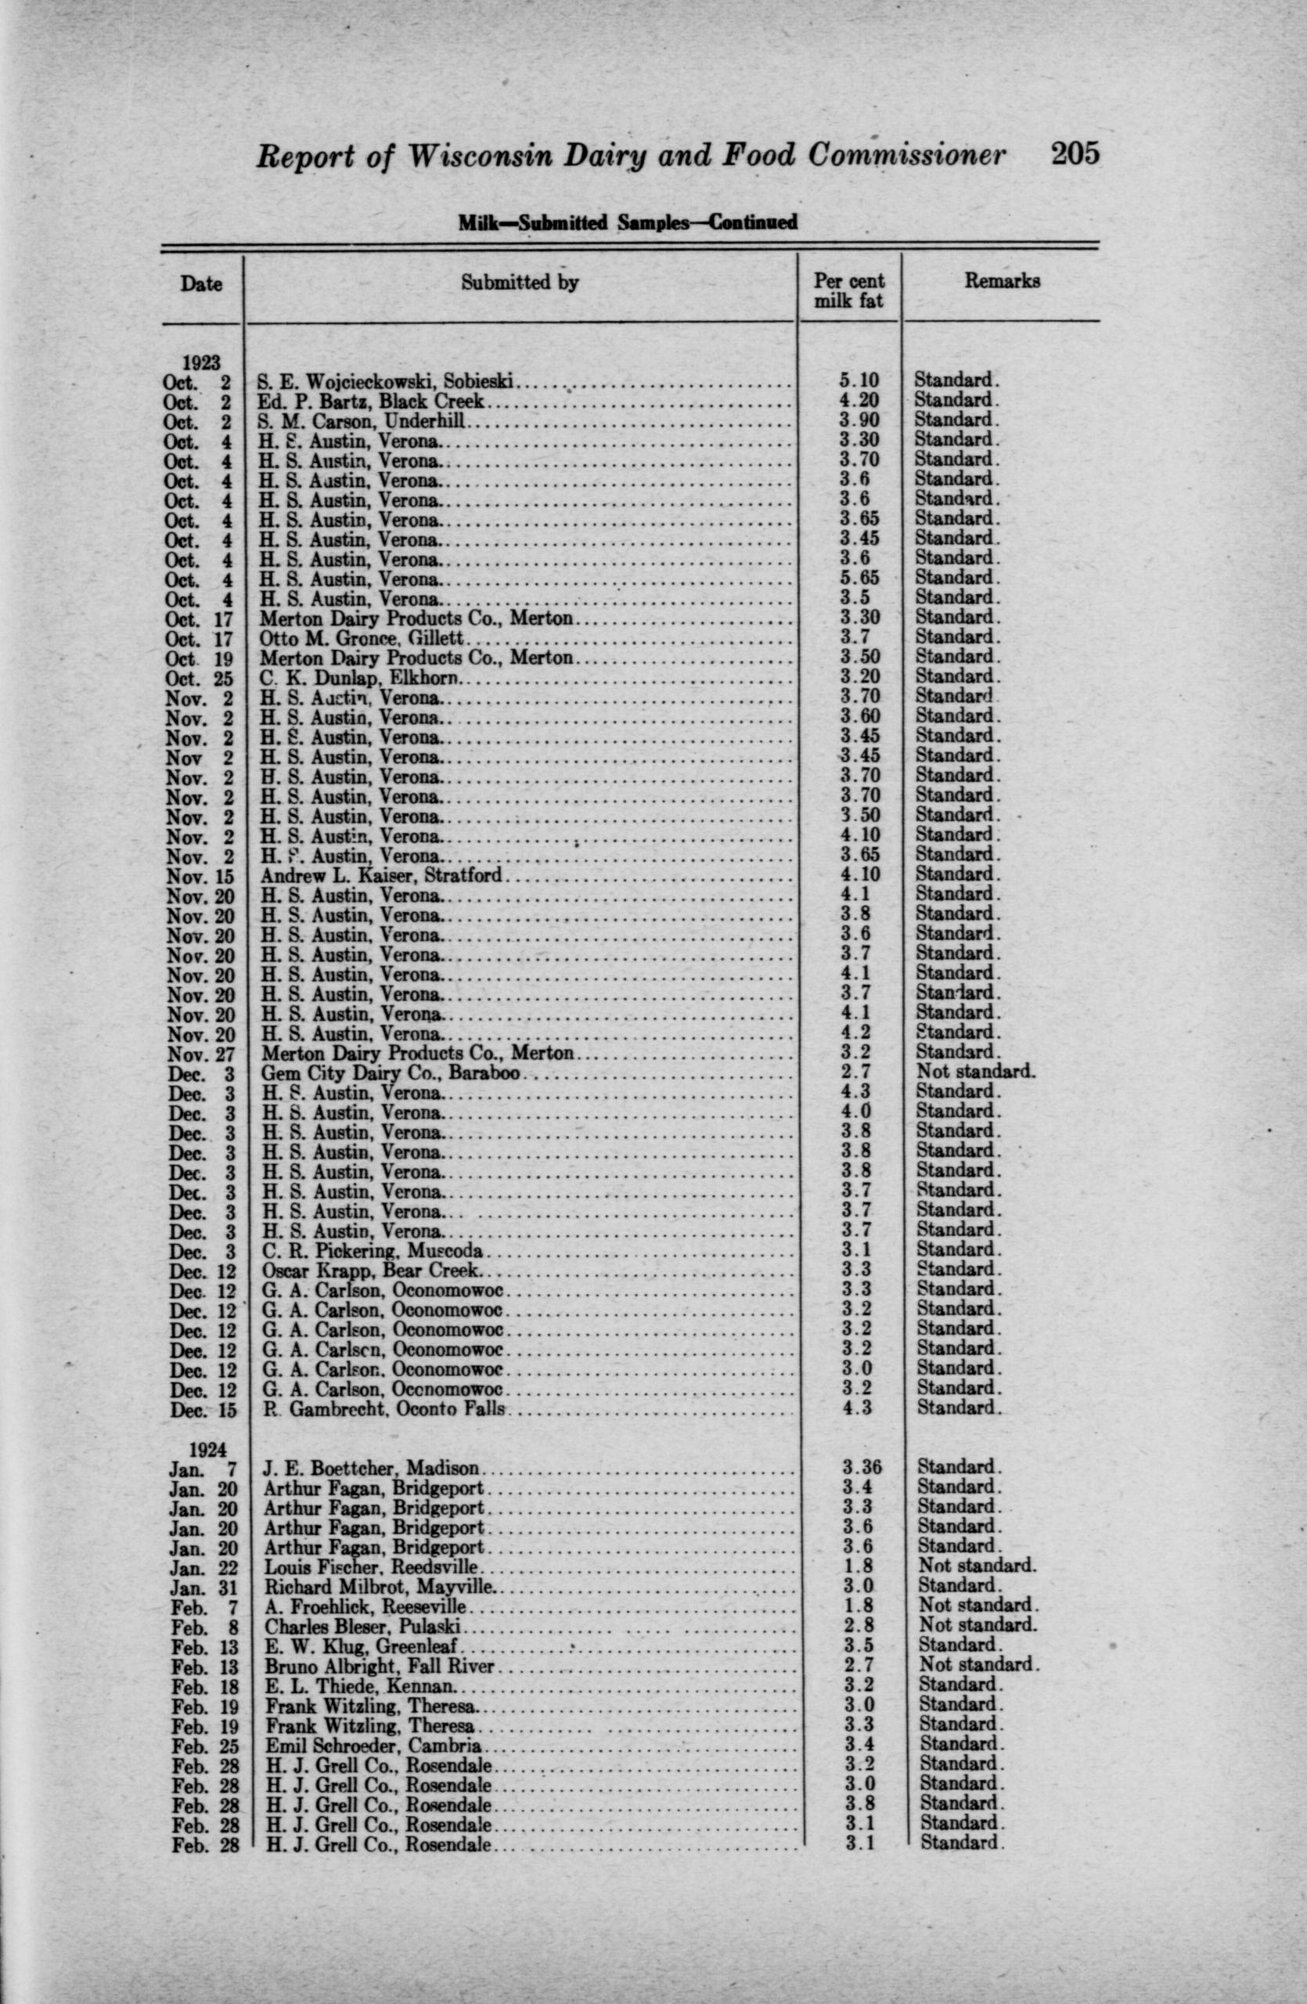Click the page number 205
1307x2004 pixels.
click(1075, 154)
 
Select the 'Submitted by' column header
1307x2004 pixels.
click(519, 283)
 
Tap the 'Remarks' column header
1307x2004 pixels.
click(1002, 280)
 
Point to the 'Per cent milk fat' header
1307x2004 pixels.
click(849, 290)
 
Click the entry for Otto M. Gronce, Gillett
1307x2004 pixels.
click(361, 638)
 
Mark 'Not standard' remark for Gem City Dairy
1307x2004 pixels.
click(976, 1072)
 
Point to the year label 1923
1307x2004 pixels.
click(200, 362)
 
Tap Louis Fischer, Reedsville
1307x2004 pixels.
click(371, 1568)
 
